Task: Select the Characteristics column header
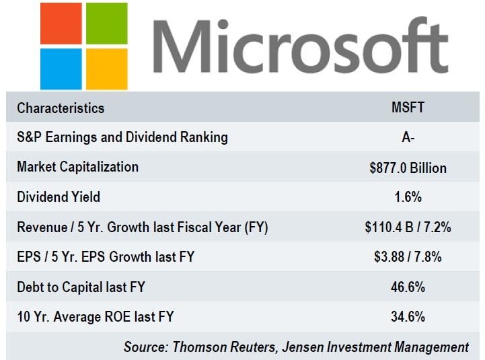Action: point(61,108)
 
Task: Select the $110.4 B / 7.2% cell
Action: point(408,227)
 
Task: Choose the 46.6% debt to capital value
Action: point(407,287)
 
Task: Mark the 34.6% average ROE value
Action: point(407,317)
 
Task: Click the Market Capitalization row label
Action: point(78,167)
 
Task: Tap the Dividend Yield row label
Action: point(59,197)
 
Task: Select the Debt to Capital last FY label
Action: point(81,287)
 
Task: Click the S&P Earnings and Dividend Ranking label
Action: point(122,137)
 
